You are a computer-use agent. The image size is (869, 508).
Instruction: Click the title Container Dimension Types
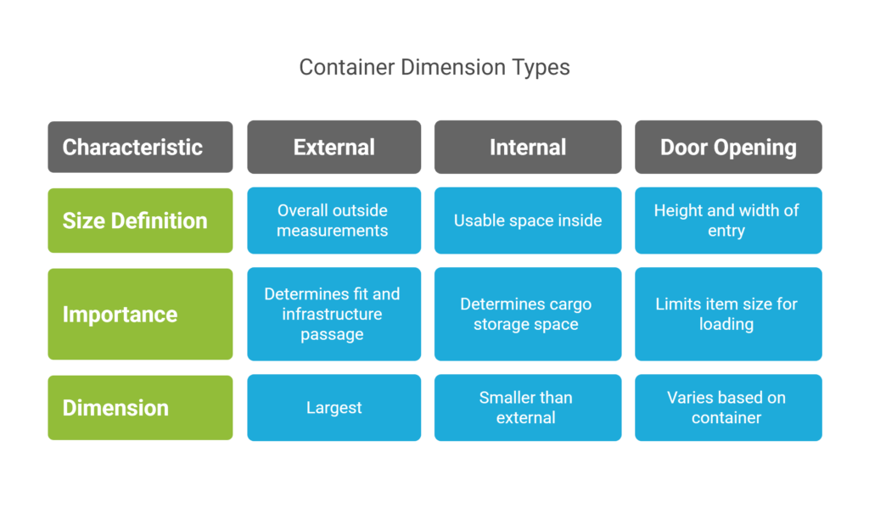click(434, 67)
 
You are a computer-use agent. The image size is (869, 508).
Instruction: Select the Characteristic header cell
click(140, 147)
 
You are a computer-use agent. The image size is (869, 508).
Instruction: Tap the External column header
click(334, 147)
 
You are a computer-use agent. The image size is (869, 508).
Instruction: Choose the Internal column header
click(527, 147)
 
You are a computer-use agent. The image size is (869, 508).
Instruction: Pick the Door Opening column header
click(728, 147)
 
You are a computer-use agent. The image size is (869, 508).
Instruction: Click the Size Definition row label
click(140, 221)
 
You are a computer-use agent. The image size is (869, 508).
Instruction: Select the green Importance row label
click(140, 314)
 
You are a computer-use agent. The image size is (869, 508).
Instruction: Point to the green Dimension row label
click(140, 407)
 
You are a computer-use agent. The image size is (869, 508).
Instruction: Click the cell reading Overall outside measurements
click(334, 221)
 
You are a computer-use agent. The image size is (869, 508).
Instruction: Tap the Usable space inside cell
click(527, 221)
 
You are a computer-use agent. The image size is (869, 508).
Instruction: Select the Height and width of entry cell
click(728, 221)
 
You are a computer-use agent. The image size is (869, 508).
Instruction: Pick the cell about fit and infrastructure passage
click(334, 314)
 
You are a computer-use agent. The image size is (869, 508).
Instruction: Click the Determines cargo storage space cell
click(527, 314)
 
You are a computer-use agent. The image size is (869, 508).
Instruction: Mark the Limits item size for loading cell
click(728, 314)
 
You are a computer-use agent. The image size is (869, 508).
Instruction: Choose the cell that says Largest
click(334, 408)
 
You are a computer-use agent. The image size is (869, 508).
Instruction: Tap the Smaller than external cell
click(527, 408)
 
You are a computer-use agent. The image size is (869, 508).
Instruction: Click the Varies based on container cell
click(728, 408)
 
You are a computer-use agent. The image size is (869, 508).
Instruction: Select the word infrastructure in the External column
click(333, 314)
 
